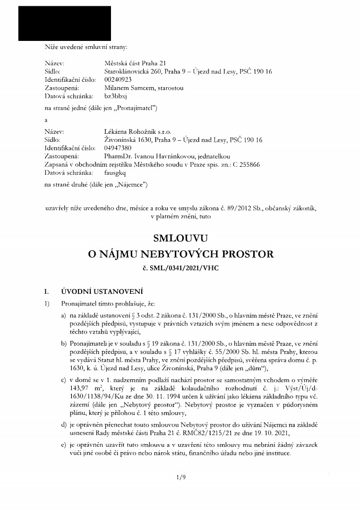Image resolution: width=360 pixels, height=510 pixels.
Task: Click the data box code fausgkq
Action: coord(117,173)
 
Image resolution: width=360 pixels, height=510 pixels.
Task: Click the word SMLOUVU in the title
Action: coord(181,237)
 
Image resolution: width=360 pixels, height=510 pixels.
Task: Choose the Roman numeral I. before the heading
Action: coord(47,291)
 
